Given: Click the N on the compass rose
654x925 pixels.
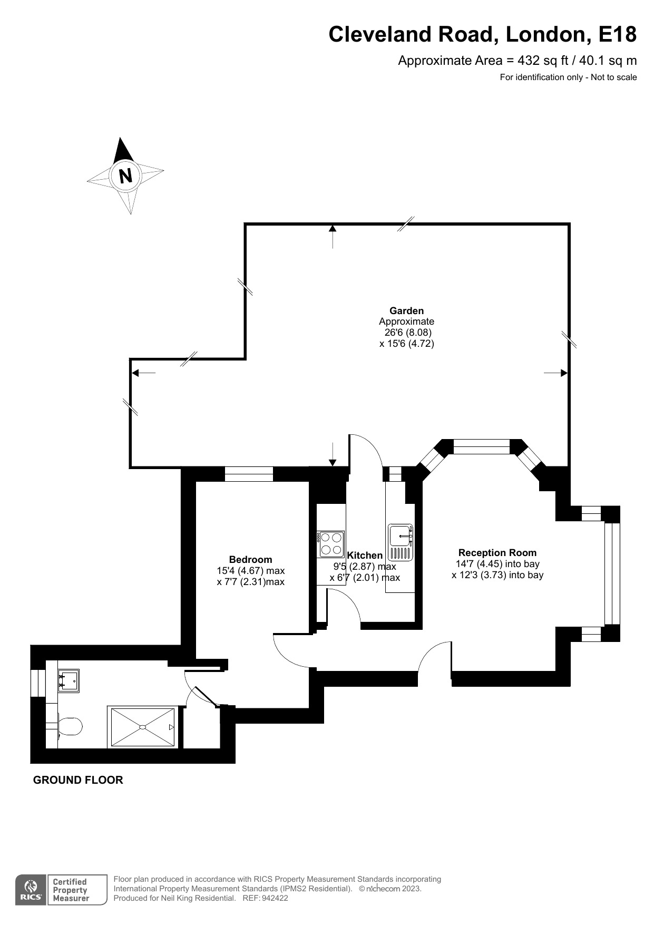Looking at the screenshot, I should click(125, 175).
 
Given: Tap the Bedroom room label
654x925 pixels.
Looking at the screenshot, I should click(250, 559).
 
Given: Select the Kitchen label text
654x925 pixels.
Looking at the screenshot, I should click(365, 555).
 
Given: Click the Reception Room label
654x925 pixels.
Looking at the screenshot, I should click(497, 552).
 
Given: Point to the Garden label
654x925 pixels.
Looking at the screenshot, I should click(406, 310).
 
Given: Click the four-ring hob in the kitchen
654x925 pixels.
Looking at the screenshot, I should click(331, 544).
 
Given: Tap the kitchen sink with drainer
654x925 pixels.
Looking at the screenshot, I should click(401, 542).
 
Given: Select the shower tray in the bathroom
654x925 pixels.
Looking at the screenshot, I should click(142, 727).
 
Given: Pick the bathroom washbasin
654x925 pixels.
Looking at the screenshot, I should click(69, 680).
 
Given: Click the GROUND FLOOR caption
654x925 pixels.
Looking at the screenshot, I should click(78, 780).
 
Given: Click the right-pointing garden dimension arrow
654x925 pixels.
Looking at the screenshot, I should click(556, 373).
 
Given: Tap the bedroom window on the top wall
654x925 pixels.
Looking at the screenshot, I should click(249, 474).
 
